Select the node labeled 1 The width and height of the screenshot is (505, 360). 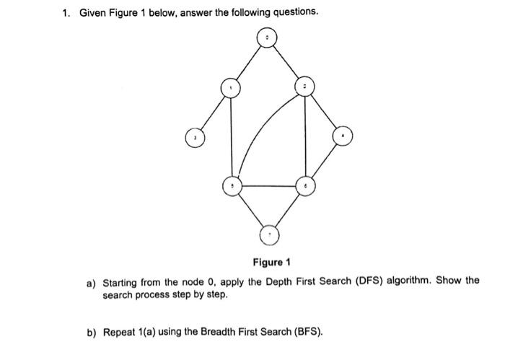click(x=230, y=87)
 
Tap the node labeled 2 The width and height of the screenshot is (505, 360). click(x=305, y=87)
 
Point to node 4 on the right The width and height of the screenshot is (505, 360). click(x=343, y=135)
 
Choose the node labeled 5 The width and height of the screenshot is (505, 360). click(x=232, y=186)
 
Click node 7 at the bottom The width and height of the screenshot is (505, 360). click(x=270, y=233)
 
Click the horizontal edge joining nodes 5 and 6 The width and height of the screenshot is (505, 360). click(x=268, y=186)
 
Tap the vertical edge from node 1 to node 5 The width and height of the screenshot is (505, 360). click(x=231, y=137)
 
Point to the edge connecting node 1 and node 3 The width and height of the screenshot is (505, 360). click(x=211, y=112)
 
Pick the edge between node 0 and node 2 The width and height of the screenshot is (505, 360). click(x=286, y=61)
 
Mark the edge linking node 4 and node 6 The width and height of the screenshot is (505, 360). click(x=325, y=161)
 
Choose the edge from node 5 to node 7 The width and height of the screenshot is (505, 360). click(x=250, y=210)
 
